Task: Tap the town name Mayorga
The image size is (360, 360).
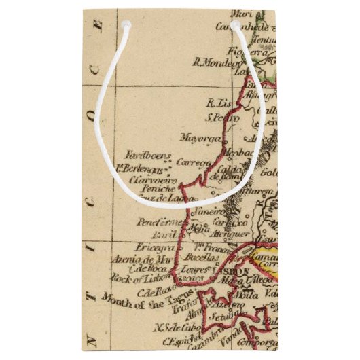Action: tap(197, 139)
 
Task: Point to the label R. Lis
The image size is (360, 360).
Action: tap(219, 104)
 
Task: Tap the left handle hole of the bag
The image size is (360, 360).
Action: tap(125, 25)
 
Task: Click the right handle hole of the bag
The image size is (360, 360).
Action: tap(236, 25)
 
